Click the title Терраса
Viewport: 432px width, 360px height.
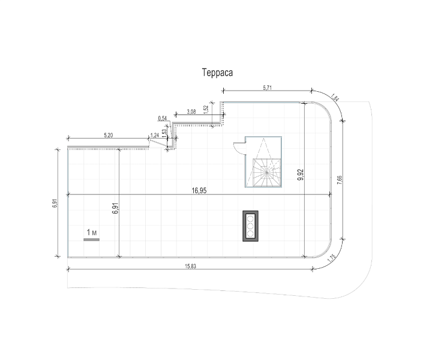217,73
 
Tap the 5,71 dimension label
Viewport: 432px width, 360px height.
267,88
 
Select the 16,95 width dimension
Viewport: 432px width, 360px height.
199,191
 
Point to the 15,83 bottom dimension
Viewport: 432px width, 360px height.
190,266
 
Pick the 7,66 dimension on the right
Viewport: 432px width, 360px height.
340,180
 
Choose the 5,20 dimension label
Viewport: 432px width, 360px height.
108,135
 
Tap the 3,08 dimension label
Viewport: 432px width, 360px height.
191,112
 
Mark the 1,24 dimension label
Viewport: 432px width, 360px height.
155,135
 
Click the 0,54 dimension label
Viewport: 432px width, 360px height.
162,118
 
